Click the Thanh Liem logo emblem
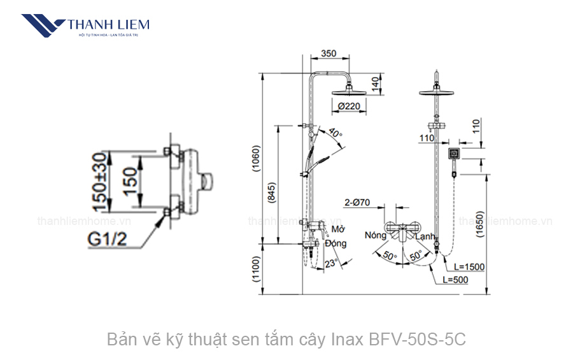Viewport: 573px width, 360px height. click(43, 26)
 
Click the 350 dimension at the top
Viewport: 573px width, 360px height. click(329, 54)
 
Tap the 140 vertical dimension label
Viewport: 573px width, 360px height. click(376, 82)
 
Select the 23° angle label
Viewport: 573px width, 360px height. click(330, 263)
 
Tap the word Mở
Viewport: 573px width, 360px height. click(338, 229)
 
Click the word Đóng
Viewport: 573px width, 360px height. click(336, 243)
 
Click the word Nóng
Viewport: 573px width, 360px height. click(375, 235)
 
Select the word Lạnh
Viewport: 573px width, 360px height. click(425, 236)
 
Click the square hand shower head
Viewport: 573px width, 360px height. click(453, 153)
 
